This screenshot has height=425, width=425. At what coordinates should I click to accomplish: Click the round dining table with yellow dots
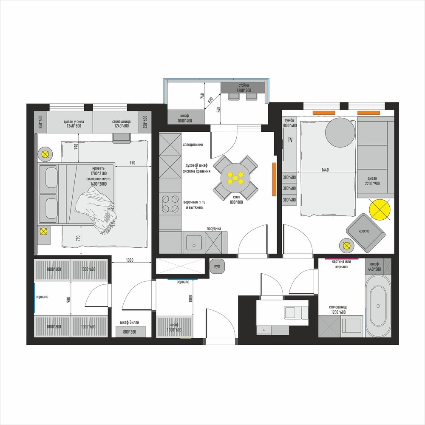[235, 178]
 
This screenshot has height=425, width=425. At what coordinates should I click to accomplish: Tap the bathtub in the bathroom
[378, 306]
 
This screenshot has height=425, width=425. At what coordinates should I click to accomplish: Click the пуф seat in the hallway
[217, 266]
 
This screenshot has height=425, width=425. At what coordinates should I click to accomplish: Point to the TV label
[290, 140]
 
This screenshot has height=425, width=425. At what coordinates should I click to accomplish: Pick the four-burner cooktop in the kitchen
[170, 204]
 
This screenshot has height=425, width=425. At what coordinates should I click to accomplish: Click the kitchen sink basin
[194, 243]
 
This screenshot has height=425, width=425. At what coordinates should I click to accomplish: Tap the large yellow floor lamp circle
[380, 210]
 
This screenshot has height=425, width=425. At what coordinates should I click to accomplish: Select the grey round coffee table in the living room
[340, 133]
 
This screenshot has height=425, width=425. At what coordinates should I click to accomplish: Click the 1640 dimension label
[325, 170]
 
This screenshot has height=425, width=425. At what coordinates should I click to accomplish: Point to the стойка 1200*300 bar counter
[243, 88]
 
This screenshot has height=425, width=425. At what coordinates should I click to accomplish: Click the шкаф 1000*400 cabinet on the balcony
[186, 117]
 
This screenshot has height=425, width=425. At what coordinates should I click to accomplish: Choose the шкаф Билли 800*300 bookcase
[130, 331]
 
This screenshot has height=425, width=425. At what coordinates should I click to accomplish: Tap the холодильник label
[193, 145]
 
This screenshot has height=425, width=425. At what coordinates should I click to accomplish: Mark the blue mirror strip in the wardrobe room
[35, 297]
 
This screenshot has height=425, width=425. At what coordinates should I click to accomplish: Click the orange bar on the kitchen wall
[274, 179]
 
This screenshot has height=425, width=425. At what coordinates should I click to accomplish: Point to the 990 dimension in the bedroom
[132, 163]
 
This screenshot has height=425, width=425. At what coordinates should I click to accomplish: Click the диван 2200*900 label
[372, 181]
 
